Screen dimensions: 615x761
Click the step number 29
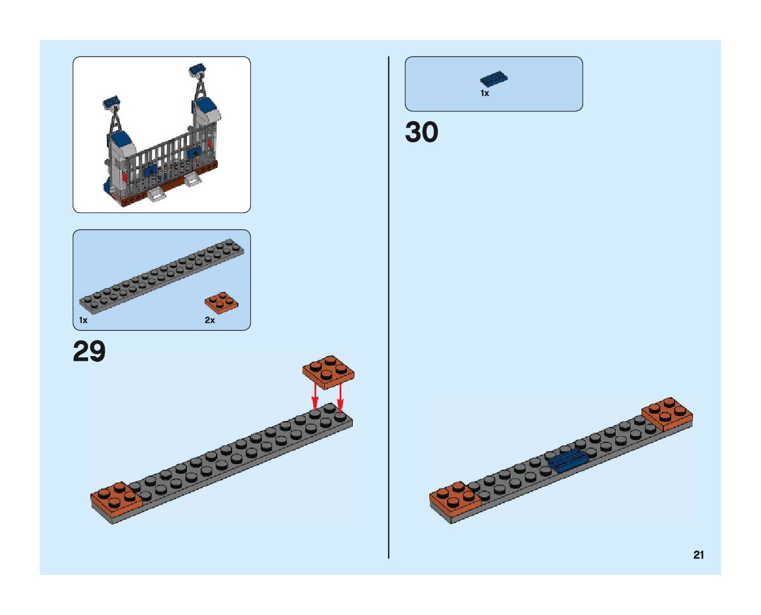89,352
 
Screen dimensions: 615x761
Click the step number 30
421,132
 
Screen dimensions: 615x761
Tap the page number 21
698,554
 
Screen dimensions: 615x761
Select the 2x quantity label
210,320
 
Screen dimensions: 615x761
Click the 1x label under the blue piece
484,93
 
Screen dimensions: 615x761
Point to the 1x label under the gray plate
83,320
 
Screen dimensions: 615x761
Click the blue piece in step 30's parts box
494,79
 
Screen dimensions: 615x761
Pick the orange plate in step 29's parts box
222,302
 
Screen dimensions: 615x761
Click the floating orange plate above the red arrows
328,372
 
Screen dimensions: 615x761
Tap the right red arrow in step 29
340,398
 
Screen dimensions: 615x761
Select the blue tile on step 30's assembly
567,460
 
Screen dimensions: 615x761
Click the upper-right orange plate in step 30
667,414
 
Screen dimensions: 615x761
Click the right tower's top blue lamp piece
197,70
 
